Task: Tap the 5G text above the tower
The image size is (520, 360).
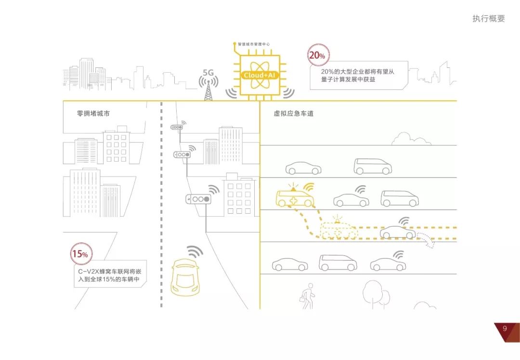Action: click(208, 73)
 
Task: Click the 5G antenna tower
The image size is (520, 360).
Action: click(208, 90)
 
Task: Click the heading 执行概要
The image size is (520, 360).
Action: click(489, 19)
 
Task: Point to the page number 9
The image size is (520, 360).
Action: click(505, 329)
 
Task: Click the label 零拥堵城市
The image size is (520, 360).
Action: click(93, 114)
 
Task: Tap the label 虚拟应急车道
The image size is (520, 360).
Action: click(290, 114)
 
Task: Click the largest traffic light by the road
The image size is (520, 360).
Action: click(199, 199)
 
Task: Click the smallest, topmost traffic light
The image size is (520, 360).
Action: click(178, 127)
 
